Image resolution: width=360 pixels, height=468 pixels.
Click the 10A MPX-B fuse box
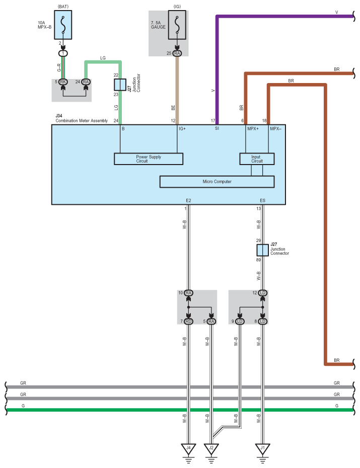click(x=63, y=25)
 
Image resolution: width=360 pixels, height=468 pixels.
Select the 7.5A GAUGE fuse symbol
click(x=177, y=25)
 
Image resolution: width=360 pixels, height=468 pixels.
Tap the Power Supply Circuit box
click(x=149, y=159)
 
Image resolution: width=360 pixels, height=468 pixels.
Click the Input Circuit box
click(x=257, y=159)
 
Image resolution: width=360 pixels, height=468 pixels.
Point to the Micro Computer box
click(x=217, y=182)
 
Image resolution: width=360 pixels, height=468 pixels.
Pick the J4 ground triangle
click(x=188, y=448)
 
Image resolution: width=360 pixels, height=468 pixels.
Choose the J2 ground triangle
click(x=211, y=448)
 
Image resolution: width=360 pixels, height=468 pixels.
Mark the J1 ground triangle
click(x=263, y=448)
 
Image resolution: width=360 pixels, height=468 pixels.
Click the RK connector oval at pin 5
click(x=63, y=82)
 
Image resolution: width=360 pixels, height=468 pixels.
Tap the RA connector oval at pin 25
click(x=177, y=53)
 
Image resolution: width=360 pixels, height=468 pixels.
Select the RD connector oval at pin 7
click(x=188, y=321)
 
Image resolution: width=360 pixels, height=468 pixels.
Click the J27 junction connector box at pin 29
click(x=263, y=250)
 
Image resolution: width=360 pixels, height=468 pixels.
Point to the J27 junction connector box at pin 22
click(x=120, y=85)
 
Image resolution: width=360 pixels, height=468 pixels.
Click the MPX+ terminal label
click(x=253, y=129)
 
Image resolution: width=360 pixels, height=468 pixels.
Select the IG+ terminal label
click(x=182, y=129)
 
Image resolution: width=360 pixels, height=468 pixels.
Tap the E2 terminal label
click(x=188, y=201)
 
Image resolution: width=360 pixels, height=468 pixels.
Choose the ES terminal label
click(x=263, y=201)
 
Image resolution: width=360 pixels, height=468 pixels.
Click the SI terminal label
click(x=217, y=128)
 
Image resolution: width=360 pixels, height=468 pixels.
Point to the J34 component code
click(x=59, y=116)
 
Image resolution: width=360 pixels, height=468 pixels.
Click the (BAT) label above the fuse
click(x=63, y=7)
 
